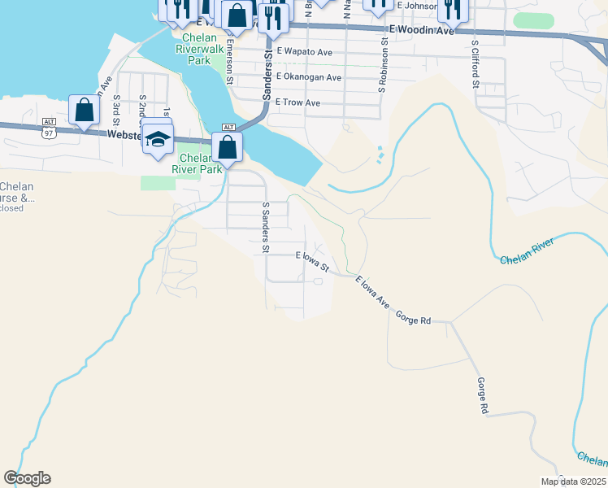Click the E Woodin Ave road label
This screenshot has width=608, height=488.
[420, 29]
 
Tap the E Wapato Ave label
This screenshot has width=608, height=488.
[304, 52]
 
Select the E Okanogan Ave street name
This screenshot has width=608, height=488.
[309, 77]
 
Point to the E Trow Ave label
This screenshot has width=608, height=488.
[297, 102]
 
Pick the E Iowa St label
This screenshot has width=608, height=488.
[312, 261]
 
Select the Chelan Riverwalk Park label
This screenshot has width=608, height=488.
[199, 49]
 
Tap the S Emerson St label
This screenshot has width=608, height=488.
[230, 62]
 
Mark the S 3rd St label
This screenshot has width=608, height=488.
[117, 108]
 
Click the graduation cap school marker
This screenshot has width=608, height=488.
[158, 138]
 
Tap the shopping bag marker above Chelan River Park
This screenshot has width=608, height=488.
[228, 147]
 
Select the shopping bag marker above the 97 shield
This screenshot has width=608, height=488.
[84, 110]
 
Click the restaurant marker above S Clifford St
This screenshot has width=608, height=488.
[452, 8]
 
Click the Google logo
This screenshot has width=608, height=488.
[27, 478]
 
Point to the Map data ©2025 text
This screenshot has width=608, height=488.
[572, 481]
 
